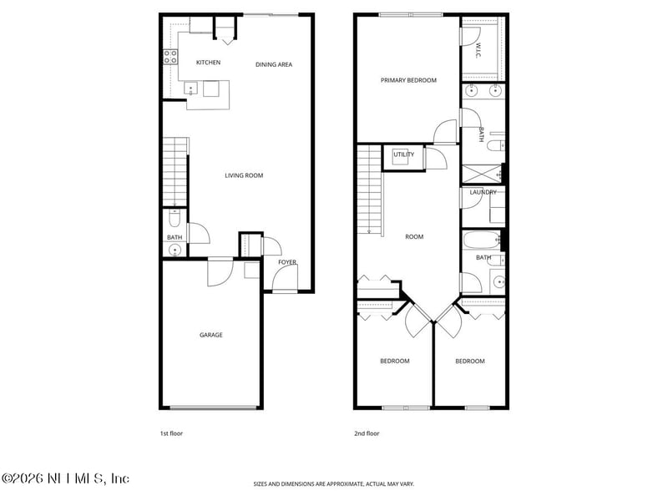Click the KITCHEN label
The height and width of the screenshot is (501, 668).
coord(208,63)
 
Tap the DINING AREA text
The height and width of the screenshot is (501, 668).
coord(274,64)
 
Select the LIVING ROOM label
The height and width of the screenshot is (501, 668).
coord(244,175)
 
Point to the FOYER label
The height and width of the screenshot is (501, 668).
coord(287,262)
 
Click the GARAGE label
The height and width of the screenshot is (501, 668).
coord(210,335)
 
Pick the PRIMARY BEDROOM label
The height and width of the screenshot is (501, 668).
coord(408,81)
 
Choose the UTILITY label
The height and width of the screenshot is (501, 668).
coord(403,154)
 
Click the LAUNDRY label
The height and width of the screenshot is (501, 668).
coord(483,192)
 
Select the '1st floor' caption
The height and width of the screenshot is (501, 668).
coord(170,434)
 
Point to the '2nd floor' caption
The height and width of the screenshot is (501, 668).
coord(366,434)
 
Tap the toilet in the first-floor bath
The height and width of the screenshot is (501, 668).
coord(174,220)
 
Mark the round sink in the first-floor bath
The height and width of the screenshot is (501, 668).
coord(175,249)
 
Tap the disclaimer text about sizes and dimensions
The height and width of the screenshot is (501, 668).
coord(334,484)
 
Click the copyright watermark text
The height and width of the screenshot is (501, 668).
coord(65,478)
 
